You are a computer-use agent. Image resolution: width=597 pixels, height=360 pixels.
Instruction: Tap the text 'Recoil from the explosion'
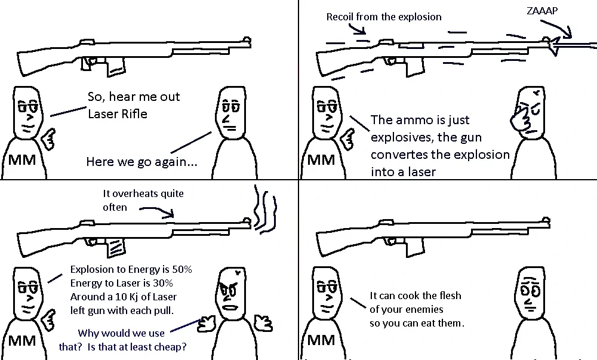[x=383, y=17]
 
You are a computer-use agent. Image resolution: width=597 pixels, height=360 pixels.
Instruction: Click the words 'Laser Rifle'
[x=117, y=113]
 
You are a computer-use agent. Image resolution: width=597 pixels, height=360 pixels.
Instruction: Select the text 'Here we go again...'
[x=141, y=161]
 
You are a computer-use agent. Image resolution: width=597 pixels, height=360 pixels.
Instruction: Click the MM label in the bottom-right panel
[x=321, y=340]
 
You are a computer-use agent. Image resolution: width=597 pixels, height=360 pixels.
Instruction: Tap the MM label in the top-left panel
[x=22, y=160]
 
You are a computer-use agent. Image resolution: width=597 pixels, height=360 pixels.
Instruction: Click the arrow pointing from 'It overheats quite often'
[x=158, y=210]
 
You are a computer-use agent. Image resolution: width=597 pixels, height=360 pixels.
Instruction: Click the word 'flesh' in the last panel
[x=448, y=296]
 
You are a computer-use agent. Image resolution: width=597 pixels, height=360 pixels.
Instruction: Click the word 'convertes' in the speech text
[x=399, y=154]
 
